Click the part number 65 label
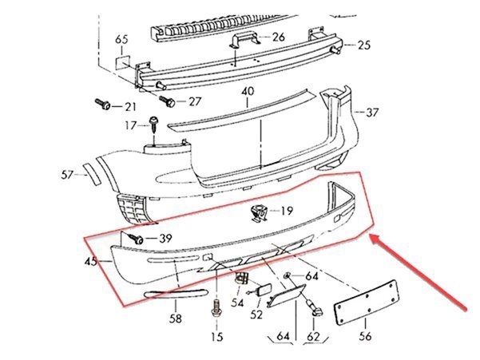tap(121, 40)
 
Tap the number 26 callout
tap(278, 37)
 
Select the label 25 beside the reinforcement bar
tap(364, 45)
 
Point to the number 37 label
tap(372, 113)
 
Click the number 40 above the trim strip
tap(248, 91)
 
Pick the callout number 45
tap(91, 262)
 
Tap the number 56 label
tap(365, 336)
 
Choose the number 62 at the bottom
tap(313, 337)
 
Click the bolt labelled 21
tap(103, 104)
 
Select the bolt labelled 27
tap(167, 101)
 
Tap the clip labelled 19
tap(259, 213)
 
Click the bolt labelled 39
tap(136, 238)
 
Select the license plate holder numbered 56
tap(367, 303)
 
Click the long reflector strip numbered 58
tap(176, 293)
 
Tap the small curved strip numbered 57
tap(92, 174)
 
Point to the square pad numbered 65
tap(122, 62)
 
